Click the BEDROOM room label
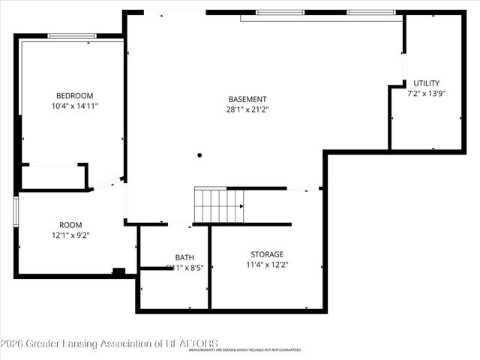click(75, 95)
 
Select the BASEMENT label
click(247, 99)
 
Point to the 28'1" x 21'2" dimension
click(247, 110)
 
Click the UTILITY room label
click(427, 83)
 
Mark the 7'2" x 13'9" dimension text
click(427, 94)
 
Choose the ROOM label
click(70, 224)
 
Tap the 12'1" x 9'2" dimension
click(70, 235)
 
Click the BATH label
click(184, 256)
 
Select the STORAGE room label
click(267, 254)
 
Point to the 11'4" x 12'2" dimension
click(267, 265)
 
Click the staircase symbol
click(219, 205)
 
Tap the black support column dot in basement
click(199, 155)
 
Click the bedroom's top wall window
click(72, 36)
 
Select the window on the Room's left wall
click(16, 211)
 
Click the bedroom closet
click(52, 177)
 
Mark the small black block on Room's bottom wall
click(118, 271)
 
